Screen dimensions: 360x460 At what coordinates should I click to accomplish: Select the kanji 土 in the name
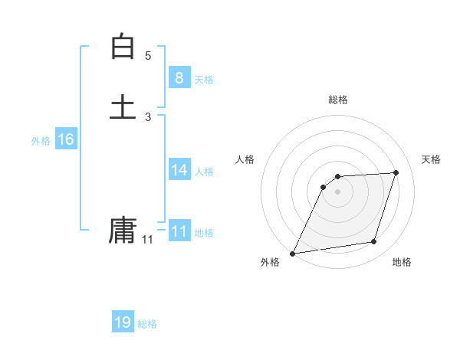pyautogui.click(x=123, y=106)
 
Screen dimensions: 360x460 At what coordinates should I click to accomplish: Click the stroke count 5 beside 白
pyautogui.click(x=148, y=55)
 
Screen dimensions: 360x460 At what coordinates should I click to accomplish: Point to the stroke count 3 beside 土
pyautogui.click(x=148, y=116)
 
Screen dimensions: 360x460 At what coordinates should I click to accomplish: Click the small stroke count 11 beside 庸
pyautogui.click(x=147, y=240)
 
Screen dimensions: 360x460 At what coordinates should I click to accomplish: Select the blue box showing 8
pyautogui.click(x=179, y=77)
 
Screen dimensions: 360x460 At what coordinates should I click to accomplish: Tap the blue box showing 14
pyautogui.click(x=179, y=169)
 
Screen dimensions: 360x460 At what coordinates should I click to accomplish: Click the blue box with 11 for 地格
pyautogui.click(x=179, y=231)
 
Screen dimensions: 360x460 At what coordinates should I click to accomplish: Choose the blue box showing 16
pyautogui.click(x=66, y=139)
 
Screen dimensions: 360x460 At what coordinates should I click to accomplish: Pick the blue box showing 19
pyautogui.click(x=123, y=322)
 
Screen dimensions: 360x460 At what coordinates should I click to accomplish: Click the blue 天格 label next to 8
pyautogui.click(x=204, y=80)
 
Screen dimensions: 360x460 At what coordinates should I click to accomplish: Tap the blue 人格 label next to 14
pyautogui.click(x=204, y=172)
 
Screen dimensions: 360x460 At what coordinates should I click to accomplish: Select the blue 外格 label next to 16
pyautogui.click(x=41, y=141)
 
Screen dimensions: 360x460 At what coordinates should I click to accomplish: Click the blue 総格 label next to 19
pyautogui.click(x=147, y=325)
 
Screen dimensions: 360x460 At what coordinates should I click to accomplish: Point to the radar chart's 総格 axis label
pyautogui.click(x=338, y=100)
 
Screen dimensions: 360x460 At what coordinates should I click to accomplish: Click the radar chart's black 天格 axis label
pyautogui.click(x=432, y=159)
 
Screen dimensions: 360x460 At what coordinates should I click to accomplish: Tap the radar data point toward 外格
pyautogui.click(x=293, y=253)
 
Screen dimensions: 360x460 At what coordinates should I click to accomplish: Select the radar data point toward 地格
pyautogui.click(x=374, y=242)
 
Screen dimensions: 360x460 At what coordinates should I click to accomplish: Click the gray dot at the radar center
pyautogui.click(x=338, y=191)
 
